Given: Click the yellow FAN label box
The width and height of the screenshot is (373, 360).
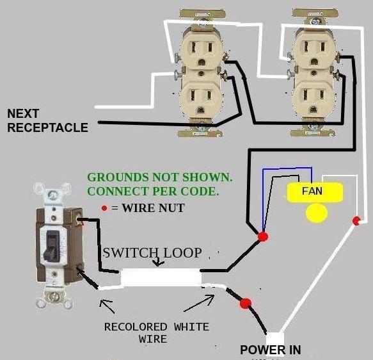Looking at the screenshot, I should pos(313,191).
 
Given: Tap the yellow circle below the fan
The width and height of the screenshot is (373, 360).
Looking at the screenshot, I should pos(315,213).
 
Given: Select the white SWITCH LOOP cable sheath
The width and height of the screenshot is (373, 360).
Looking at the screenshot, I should pos(162,277).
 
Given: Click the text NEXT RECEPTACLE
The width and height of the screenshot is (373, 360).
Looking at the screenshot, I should pos(47,121).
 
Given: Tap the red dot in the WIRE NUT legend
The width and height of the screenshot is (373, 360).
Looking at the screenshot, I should pos(104,208).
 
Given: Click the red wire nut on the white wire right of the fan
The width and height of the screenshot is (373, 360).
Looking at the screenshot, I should pos(356,221).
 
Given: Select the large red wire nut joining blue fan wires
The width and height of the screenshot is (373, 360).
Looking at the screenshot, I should pos(262,237).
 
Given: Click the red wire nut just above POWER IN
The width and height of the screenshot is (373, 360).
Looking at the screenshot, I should pos(246,304).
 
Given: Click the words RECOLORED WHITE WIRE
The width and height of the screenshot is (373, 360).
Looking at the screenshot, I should pos(156,332).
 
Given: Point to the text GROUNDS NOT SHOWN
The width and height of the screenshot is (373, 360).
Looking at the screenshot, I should pos(160,177).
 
